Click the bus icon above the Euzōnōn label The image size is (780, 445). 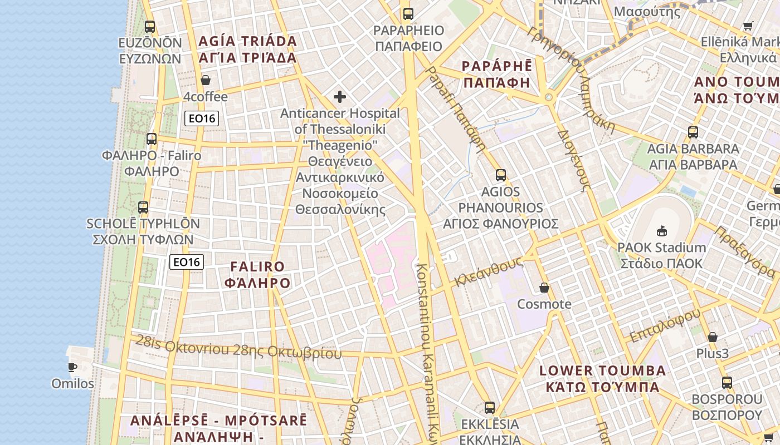(x=149, y=26)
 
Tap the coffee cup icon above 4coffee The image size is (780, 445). (x=206, y=80)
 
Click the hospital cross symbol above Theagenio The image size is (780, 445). (x=339, y=97)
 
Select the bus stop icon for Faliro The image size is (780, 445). (x=152, y=139)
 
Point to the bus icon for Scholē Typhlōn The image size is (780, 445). (x=143, y=207)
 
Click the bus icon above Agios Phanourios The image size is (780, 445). (x=500, y=175)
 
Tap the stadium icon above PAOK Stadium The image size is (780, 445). (x=662, y=230)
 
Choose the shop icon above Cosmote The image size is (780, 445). (x=544, y=288)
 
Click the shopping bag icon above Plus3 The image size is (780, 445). (x=712, y=337)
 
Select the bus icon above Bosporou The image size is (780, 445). (x=727, y=383)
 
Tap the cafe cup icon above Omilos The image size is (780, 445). (x=72, y=367)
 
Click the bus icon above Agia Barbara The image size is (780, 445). (x=693, y=132)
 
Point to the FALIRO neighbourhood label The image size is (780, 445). (x=257, y=275)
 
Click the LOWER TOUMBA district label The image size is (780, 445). (x=602, y=379)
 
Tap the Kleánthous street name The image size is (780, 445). (x=488, y=271)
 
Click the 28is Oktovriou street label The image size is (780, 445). (x=238, y=348)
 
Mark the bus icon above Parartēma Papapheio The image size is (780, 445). (x=408, y=14)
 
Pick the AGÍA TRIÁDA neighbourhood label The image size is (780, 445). (x=247, y=49)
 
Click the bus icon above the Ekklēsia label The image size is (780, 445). (x=489, y=408)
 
